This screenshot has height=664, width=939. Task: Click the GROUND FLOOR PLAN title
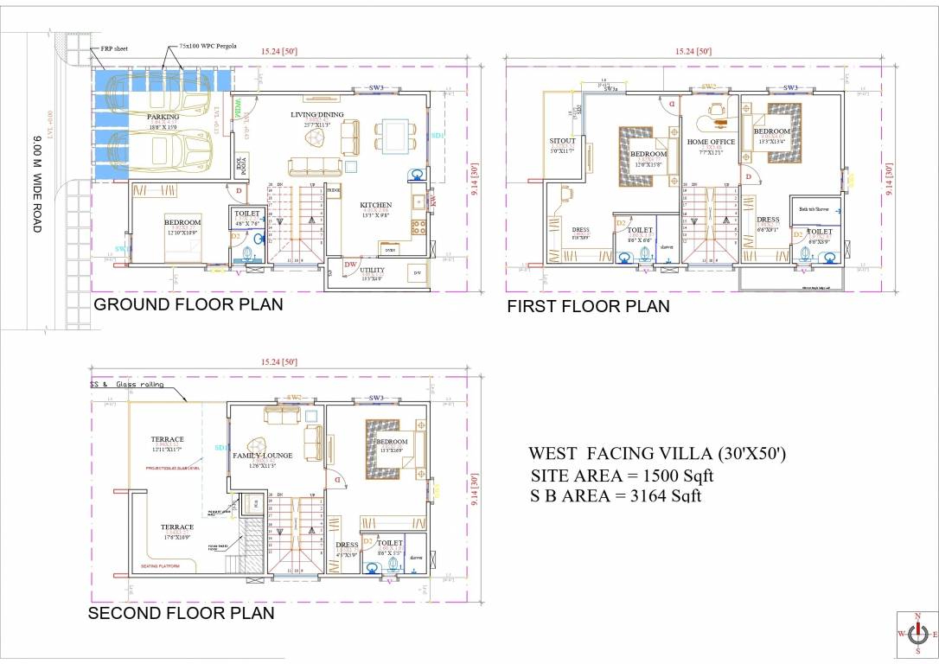(x=188, y=304)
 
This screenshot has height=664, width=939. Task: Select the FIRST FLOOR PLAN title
(x=588, y=306)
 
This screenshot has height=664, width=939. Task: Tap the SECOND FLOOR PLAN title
(x=182, y=613)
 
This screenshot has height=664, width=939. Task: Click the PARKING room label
(x=163, y=117)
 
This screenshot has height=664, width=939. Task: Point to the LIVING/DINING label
(x=317, y=114)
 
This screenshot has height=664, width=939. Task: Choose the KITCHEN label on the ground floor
(x=376, y=205)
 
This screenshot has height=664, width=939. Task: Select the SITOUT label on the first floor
(x=562, y=141)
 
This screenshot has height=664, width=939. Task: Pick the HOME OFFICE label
(x=711, y=142)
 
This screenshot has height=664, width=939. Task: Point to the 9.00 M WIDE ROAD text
(x=36, y=182)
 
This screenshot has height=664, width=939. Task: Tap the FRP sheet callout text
(x=114, y=48)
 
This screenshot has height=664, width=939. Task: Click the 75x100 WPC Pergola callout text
(x=208, y=46)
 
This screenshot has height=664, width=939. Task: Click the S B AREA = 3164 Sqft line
(x=616, y=495)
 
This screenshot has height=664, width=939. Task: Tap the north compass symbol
(x=917, y=634)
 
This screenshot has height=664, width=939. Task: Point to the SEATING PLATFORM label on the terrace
(x=161, y=566)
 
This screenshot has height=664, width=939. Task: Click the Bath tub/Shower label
(x=814, y=208)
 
